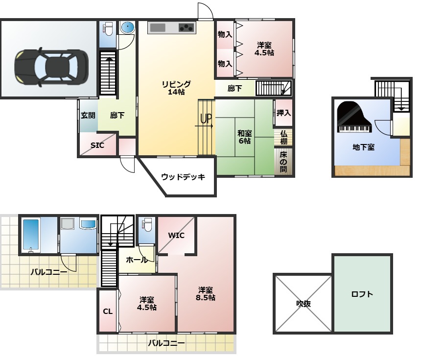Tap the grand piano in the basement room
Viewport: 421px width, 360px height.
[354, 117]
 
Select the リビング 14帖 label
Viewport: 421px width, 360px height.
[176, 88]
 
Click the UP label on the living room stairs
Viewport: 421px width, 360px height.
[206, 118]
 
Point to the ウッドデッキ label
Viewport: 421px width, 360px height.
[183, 177]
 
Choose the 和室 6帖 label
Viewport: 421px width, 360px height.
[245, 137]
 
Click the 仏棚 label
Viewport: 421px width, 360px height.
[283, 137]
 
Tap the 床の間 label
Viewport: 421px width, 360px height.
[283, 162]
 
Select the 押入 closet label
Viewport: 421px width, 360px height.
[284, 113]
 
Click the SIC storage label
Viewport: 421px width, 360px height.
[97, 145]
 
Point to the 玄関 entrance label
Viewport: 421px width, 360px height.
[88, 115]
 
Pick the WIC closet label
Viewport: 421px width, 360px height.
[176, 235]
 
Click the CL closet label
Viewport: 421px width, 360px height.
[108, 312]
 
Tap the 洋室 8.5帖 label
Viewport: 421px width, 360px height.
[206, 294]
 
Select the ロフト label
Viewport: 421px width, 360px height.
[362, 294]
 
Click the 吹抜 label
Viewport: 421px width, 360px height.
[304, 304]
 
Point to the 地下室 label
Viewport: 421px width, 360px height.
[363, 147]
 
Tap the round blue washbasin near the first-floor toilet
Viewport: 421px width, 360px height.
[127, 27]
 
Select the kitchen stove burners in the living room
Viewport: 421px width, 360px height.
[187, 27]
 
